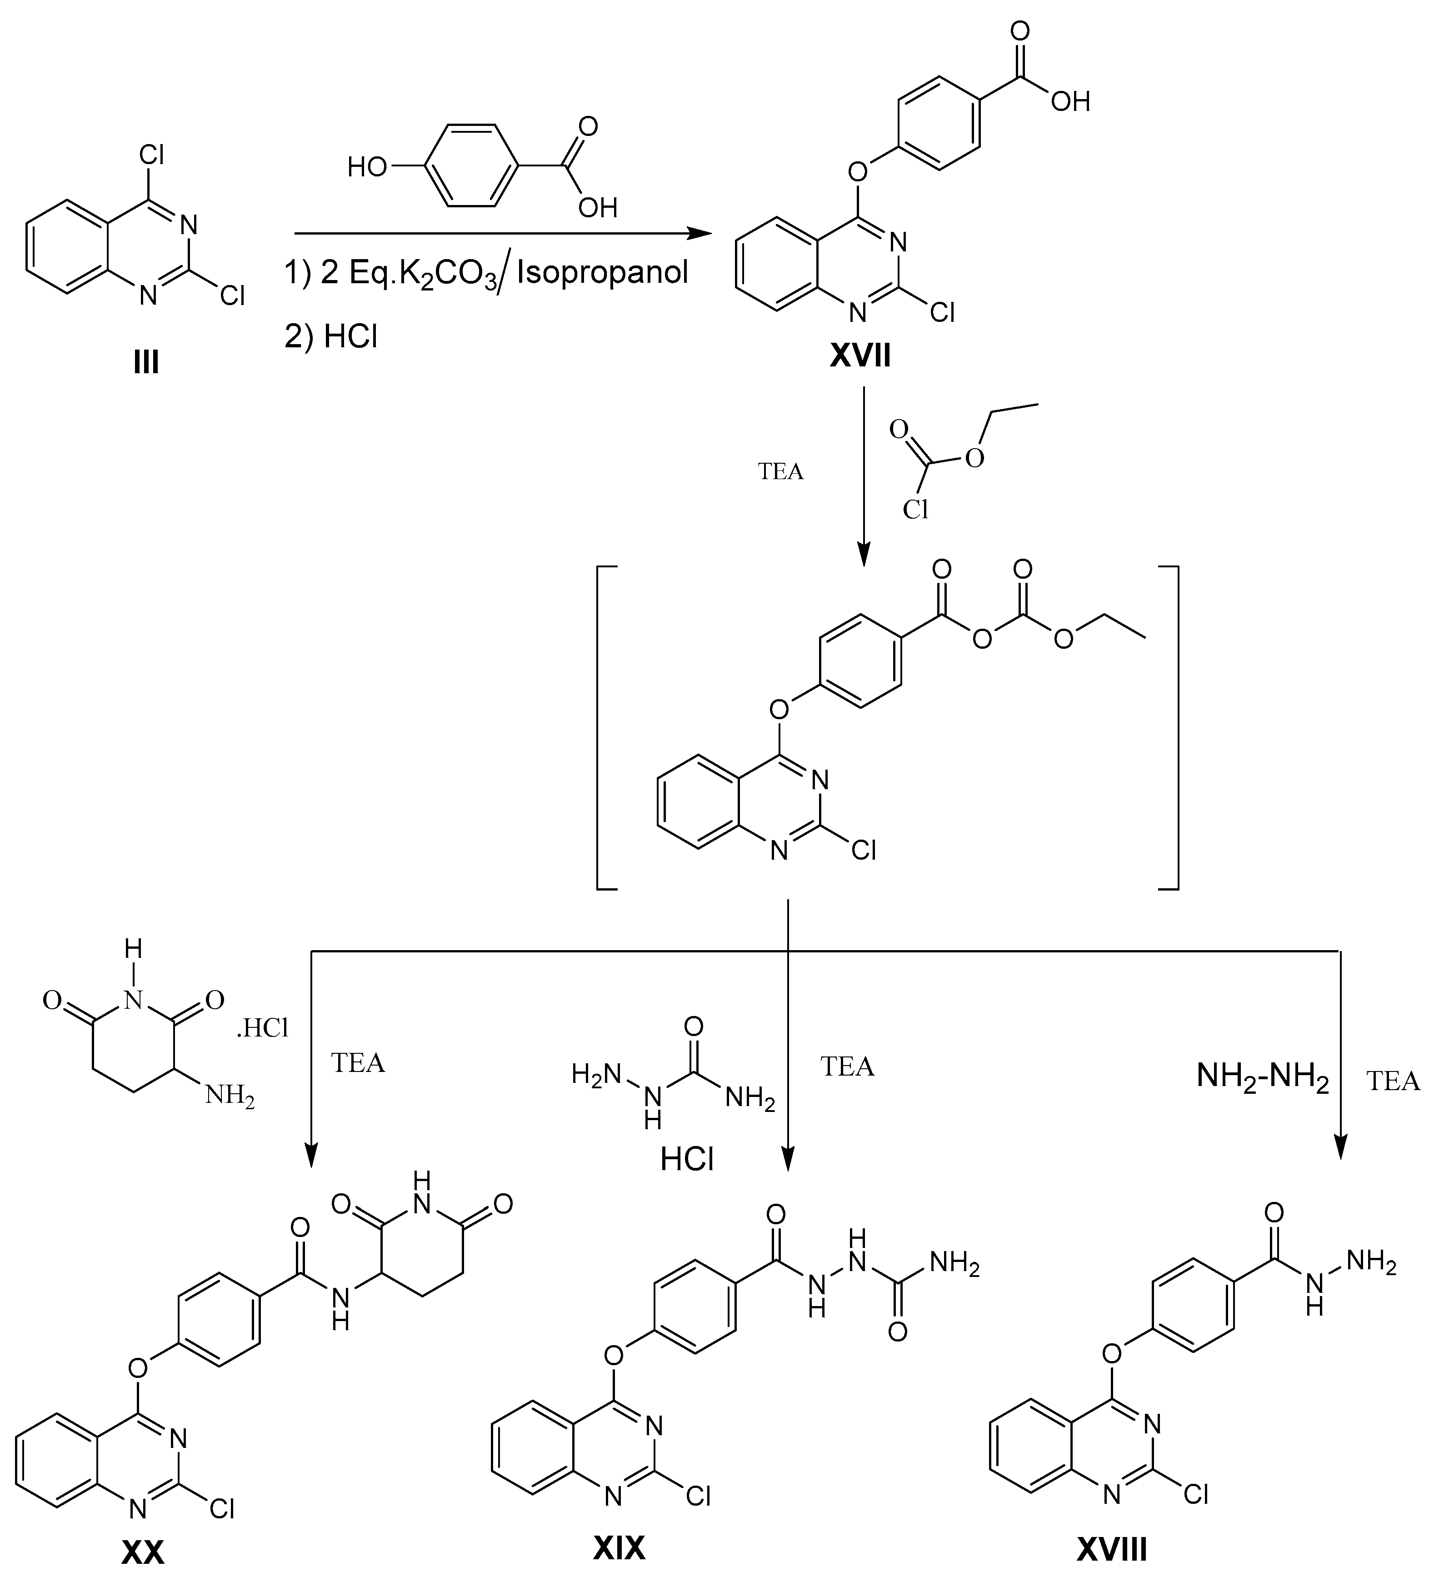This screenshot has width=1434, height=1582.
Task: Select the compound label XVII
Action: click(x=860, y=357)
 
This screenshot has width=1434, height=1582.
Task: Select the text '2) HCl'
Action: click(x=331, y=337)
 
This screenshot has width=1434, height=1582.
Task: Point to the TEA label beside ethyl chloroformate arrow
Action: click(x=780, y=471)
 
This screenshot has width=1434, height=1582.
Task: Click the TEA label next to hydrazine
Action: click(x=1393, y=1081)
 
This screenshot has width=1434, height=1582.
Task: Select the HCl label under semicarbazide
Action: click(x=687, y=1161)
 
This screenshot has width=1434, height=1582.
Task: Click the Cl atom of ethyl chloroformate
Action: click(x=915, y=510)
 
